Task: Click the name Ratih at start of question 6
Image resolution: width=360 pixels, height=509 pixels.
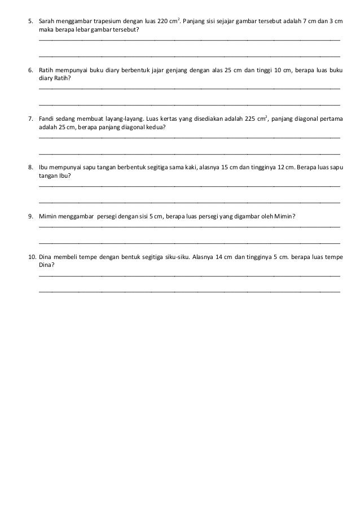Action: click(x=47, y=71)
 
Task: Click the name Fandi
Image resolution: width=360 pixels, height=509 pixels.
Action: click(x=46, y=119)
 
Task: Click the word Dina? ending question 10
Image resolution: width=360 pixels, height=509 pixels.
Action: click(x=46, y=264)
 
